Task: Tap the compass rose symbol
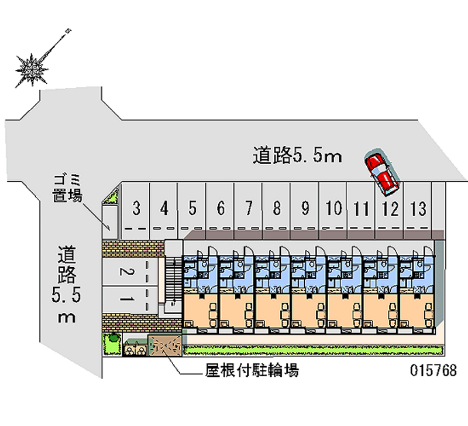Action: click(32, 69)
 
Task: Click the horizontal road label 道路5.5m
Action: click(297, 156)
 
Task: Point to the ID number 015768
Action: click(433, 371)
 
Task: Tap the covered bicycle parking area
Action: click(166, 344)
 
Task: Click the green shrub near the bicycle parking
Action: click(112, 338)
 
